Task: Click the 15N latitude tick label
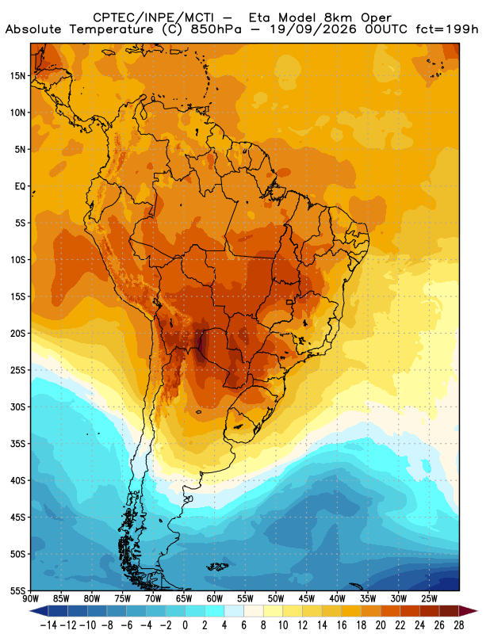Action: point(18,75)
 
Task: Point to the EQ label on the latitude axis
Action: point(21,186)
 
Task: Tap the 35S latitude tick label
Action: point(18,444)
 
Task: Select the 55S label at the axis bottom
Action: point(18,591)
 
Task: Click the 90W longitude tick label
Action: point(31,599)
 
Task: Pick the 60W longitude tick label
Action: point(215,599)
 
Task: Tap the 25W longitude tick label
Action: point(429,599)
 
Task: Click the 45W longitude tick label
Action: point(307,599)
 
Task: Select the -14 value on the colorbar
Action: point(49,625)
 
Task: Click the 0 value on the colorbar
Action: point(185,625)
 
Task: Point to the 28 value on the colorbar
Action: point(459,625)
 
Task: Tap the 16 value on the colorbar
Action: point(342,625)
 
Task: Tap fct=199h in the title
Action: point(446,29)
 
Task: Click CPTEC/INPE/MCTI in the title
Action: point(154,17)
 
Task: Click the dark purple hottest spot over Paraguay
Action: point(201,344)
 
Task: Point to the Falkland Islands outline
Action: point(217,567)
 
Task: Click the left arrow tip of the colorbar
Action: point(30,611)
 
